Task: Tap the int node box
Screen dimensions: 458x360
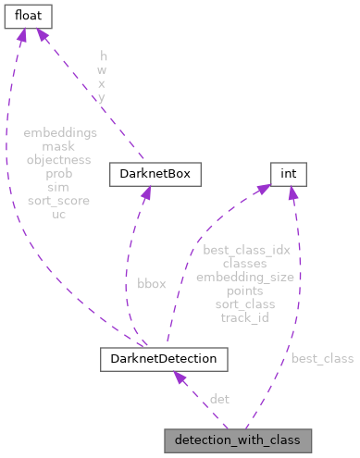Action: point(287,173)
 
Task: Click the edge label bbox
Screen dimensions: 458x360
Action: point(151,283)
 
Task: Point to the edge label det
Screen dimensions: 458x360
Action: point(219,399)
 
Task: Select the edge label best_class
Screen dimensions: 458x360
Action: point(322,357)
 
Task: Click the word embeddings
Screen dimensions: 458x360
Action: point(58,133)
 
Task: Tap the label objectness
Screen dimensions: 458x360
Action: point(58,159)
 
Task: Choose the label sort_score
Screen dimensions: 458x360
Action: point(58,199)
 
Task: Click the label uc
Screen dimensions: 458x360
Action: point(58,212)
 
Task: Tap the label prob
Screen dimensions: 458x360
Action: point(58,173)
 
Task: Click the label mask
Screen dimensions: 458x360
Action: point(58,146)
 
